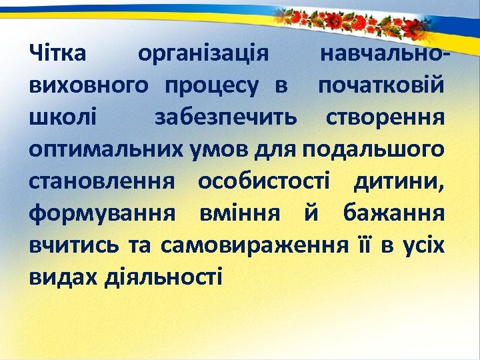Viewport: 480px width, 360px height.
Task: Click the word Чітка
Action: tap(58, 53)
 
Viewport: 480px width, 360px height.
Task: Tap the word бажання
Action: tap(393, 213)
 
